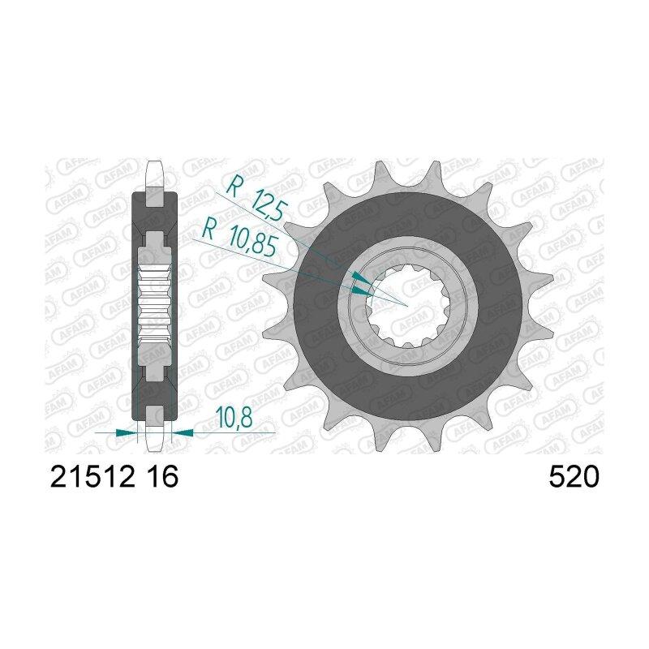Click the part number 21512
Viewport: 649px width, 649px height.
[92, 476]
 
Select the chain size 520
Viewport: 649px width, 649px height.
[574, 476]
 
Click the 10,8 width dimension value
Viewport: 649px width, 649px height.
[234, 418]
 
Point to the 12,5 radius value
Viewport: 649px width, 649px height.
[269, 205]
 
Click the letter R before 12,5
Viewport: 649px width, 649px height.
[234, 186]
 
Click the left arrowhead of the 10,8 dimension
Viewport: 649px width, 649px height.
[127, 433]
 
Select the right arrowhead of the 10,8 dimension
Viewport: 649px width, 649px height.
[182, 433]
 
